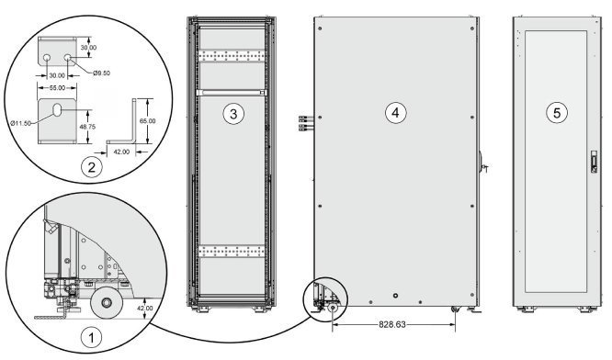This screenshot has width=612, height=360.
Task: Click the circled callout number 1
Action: pos(91,337)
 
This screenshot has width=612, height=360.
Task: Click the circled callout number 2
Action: pos(91,167)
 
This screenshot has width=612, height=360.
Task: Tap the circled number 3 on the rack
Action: pos(233,114)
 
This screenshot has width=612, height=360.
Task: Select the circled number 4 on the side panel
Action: pos(396,113)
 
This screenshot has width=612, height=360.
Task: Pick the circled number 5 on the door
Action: pos(557,113)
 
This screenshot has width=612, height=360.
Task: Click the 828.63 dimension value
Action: pos(392,324)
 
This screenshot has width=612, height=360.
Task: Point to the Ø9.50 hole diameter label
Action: pos(101,73)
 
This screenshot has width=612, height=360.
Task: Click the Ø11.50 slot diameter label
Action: pos(21,123)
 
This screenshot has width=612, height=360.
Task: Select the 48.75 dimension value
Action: pos(86,127)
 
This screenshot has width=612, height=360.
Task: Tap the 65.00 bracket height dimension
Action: pos(148,121)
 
